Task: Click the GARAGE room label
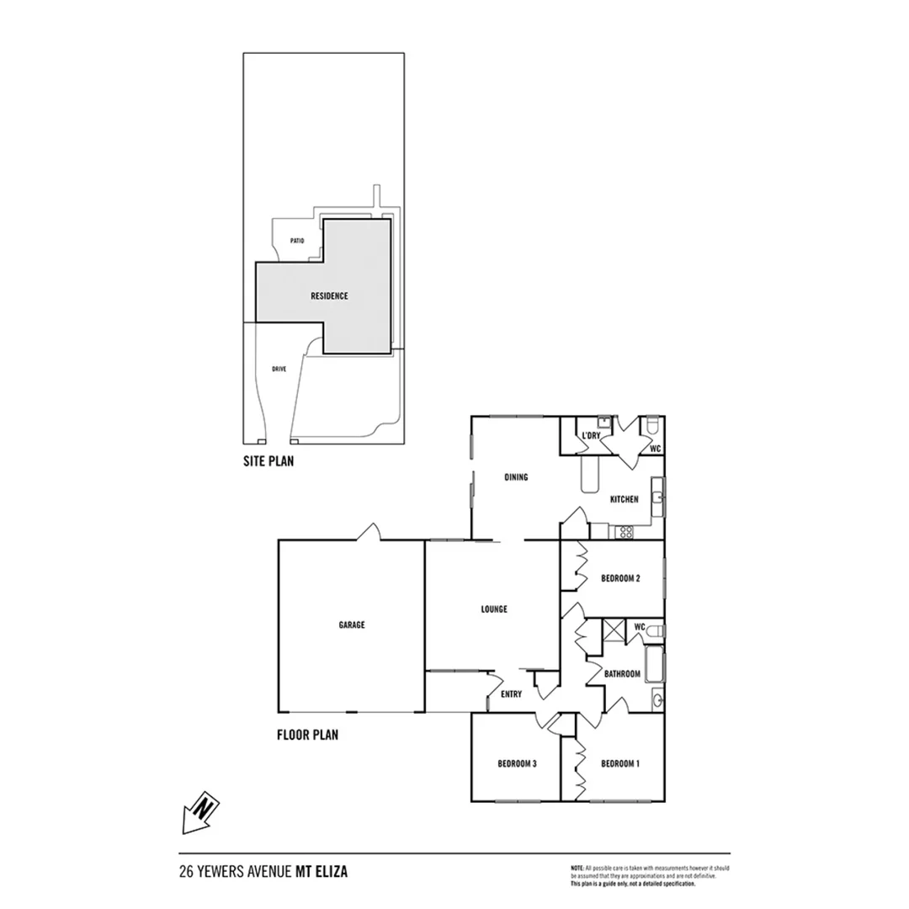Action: tap(352, 625)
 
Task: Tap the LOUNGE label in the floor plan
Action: tap(494, 609)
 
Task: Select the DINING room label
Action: tap(516, 477)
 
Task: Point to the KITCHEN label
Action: tap(624, 499)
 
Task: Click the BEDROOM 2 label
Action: tap(621, 578)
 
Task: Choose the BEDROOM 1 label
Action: tap(621, 764)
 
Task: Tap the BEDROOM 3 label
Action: tap(517, 764)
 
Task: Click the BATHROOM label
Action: tap(623, 673)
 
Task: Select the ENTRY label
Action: tap(511, 694)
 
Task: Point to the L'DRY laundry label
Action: tap(591, 435)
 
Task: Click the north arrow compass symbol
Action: tap(200, 812)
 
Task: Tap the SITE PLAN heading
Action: tap(268, 461)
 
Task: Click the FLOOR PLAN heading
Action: tap(307, 735)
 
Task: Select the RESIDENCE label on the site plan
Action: tap(329, 296)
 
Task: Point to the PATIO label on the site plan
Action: tap(296, 241)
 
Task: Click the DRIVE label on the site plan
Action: tap(279, 369)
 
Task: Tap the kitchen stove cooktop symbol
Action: tap(625, 531)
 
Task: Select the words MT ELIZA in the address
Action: tap(321, 873)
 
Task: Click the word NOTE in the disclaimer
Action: tap(577, 867)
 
